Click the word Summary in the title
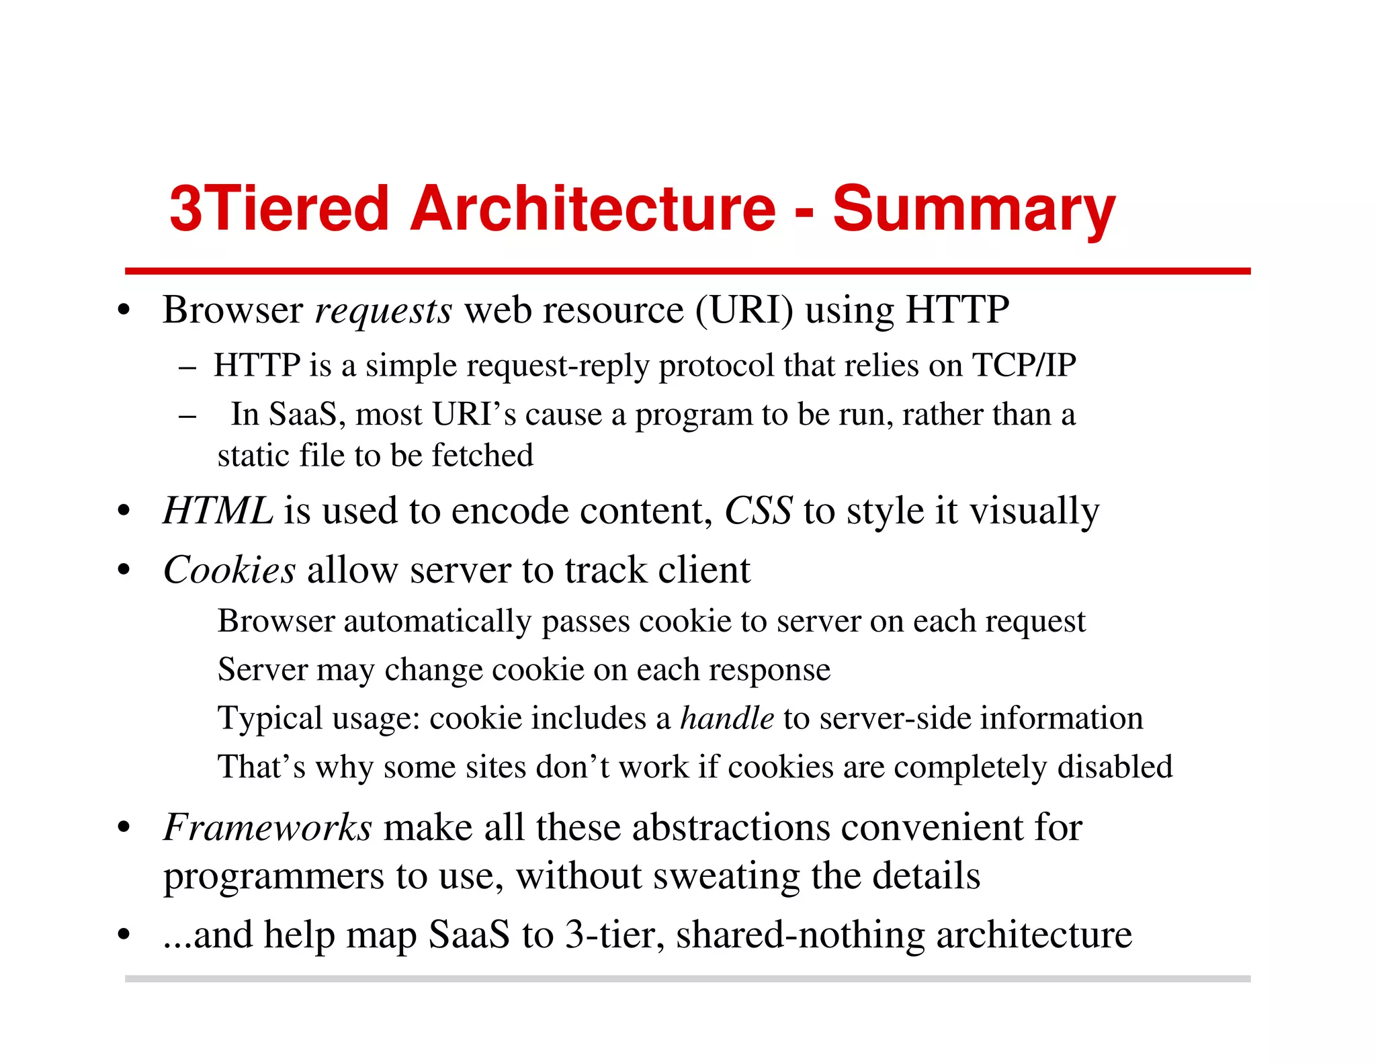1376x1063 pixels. [974, 209]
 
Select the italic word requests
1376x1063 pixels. [384, 311]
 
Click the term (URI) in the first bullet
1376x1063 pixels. [744, 310]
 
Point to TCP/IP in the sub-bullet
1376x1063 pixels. [1024, 366]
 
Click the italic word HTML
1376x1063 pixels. [218, 511]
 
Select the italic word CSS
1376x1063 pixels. [758, 511]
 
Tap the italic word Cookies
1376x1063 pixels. [229, 570]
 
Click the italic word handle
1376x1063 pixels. [727, 718]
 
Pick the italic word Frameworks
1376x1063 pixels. [267, 827]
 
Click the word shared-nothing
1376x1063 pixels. [800, 935]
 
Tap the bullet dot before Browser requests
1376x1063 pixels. [123, 312]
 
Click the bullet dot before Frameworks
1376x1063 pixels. [123, 828]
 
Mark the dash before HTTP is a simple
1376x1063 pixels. [187, 368]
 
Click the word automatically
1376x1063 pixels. [437, 622]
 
